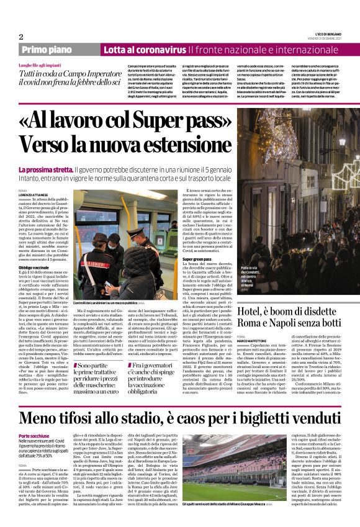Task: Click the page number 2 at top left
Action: [20, 36]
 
